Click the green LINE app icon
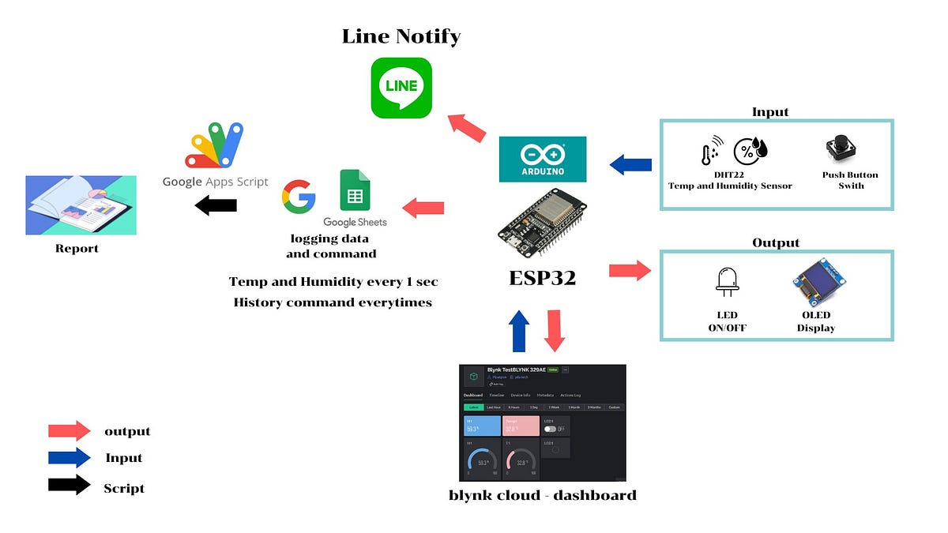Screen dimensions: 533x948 click(401, 88)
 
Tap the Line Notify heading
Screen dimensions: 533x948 click(401, 36)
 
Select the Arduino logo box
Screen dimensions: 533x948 click(543, 160)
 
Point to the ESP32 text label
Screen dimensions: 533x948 click(543, 277)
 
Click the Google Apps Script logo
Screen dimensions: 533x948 click(215, 146)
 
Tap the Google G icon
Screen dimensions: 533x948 click(299, 197)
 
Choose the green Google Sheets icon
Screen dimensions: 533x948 click(355, 190)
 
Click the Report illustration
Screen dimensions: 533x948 click(81, 205)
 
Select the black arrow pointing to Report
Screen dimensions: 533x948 click(216, 206)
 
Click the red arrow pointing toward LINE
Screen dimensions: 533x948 click(468, 126)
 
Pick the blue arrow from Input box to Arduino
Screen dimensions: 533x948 click(630, 165)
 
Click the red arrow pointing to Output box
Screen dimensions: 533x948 click(630, 271)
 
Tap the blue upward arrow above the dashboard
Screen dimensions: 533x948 click(519, 330)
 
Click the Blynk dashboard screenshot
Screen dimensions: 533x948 click(543, 422)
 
